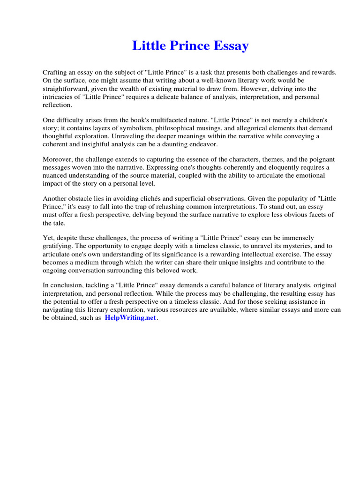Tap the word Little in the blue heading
point(146,46)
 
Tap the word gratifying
point(58,246)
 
